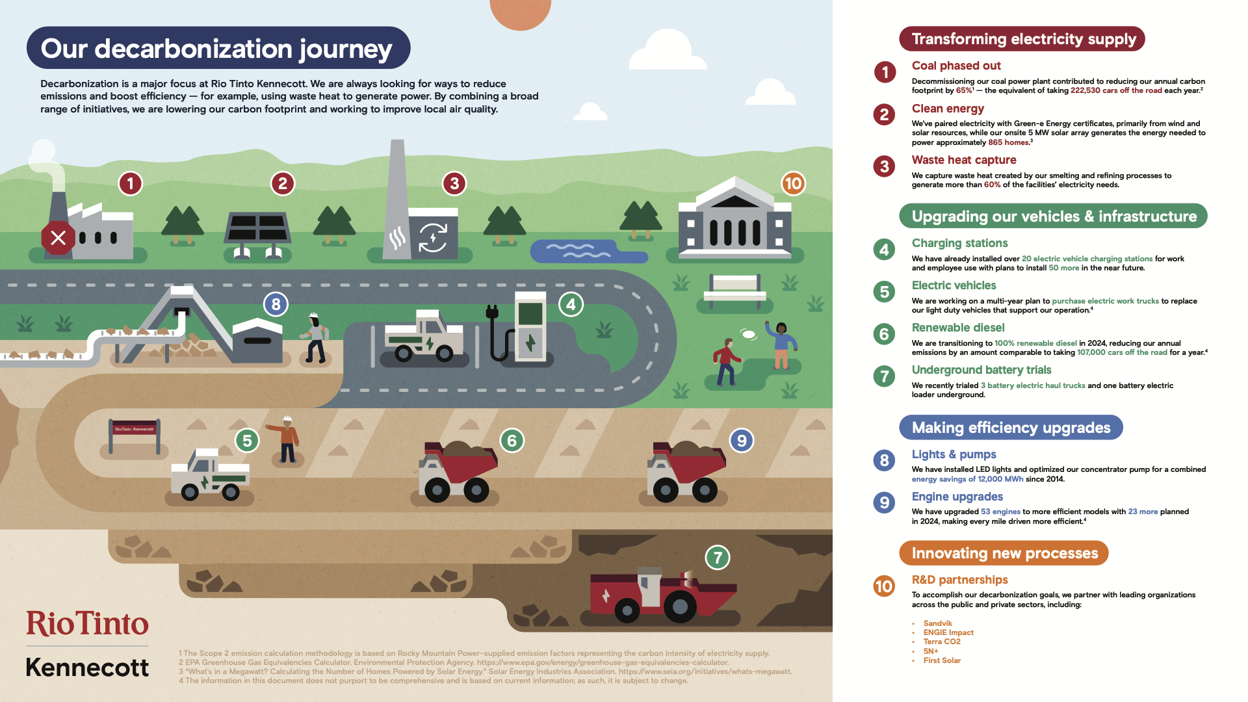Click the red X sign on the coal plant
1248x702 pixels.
click(x=58, y=237)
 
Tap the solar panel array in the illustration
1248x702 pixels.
click(x=257, y=228)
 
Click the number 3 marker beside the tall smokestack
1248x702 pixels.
click(x=454, y=184)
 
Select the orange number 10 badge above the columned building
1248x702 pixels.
click(x=793, y=184)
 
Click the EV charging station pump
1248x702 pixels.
click(x=530, y=327)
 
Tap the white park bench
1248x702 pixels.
click(x=734, y=289)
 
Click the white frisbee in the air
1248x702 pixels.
click(x=749, y=334)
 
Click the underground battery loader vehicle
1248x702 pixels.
click(x=660, y=593)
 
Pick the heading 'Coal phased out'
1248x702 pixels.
click(x=955, y=66)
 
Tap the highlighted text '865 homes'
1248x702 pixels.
click(x=1009, y=142)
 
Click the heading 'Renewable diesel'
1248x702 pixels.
click(x=957, y=328)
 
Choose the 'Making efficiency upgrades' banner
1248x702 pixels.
click(x=1010, y=428)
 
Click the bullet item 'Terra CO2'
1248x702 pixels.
click(x=941, y=642)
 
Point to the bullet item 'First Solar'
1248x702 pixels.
click(x=941, y=660)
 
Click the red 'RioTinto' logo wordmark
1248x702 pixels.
click(x=87, y=624)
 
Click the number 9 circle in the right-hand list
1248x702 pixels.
click(x=884, y=502)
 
